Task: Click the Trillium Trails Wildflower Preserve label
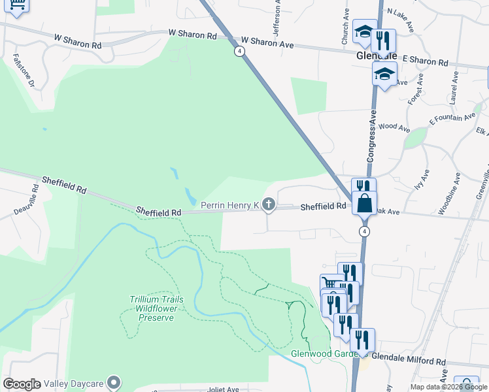click(156, 308)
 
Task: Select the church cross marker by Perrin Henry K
click(268, 205)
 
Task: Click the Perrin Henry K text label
click(230, 206)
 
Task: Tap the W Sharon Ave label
click(268, 42)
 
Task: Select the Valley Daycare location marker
click(114, 382)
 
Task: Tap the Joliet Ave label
click(224, 389)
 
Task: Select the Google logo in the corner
click(22, 384)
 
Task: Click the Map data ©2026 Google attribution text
click(448, 387)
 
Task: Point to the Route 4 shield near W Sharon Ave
click(241, 50)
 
